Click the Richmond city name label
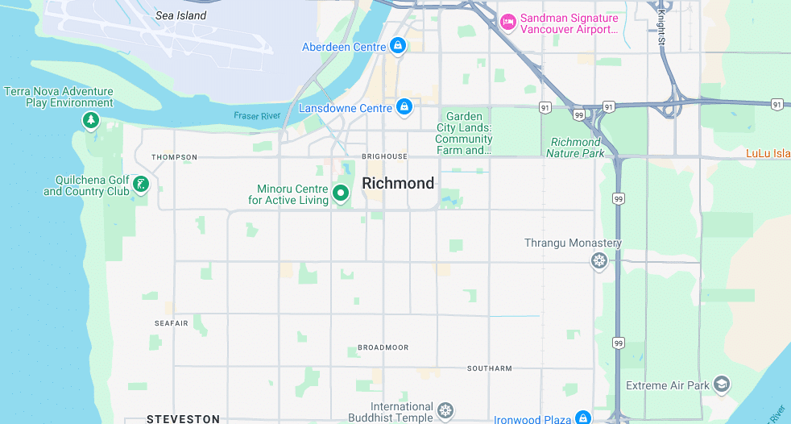click(x=398, y=184)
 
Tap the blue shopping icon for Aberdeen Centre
click(x=397, y=46)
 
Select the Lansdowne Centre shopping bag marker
click(x=404, y=107)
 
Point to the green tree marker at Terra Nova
click(x=91, y=121)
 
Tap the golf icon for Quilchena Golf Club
click(x=141, y=185)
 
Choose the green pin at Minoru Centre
click(x=341, y=193)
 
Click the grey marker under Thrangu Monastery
click(x=598, y=261)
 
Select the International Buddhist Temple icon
click(x=445, y=413)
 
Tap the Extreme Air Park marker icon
click(x=722, y=385)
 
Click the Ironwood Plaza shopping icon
click(x=583, y=418)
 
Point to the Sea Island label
click(x=180, y=15)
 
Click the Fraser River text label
click(x=257, y=116)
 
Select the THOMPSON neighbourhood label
click(x=174, y=157)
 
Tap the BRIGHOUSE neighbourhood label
click(x=384, y=156)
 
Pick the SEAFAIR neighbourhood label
click(x=171, y=323)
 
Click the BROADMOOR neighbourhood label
click(x=383, y=347)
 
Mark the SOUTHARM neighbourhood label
click(x=489, y=368)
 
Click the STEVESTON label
click(x=183, y=419)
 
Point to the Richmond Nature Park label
click(x=575, y=148)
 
